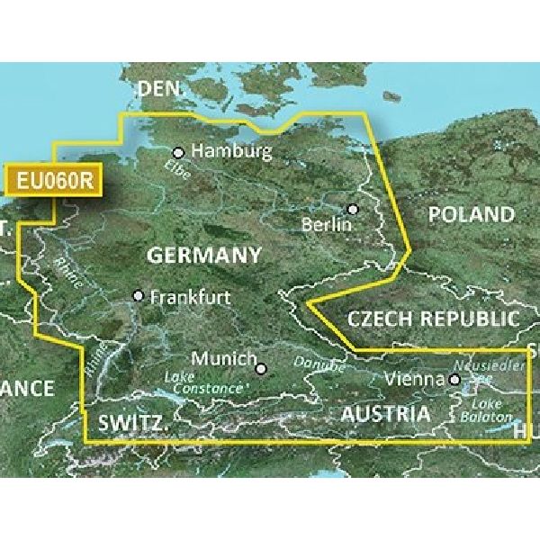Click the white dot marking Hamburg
pyautogui.click(x=178, y=152)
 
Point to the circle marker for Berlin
pyautogui.click(x=353, y=209)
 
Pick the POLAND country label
pyautogui.click(x=471, y=214)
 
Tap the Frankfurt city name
pyautogui.click(x=190, y=296)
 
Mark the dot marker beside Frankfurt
pyautogui.click(x=138, y=295)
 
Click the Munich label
pyautogui.click(x=222, y=358)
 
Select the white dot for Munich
pyautogui.click(x=262, y=367)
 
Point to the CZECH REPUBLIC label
pyautogui.click(x=433, y=319)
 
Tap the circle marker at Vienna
pyautogui.click(x=454, y=381)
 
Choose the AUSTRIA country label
pyautogui.click(x=384, y=415)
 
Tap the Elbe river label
pyautogui.click(x=177, y=171)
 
